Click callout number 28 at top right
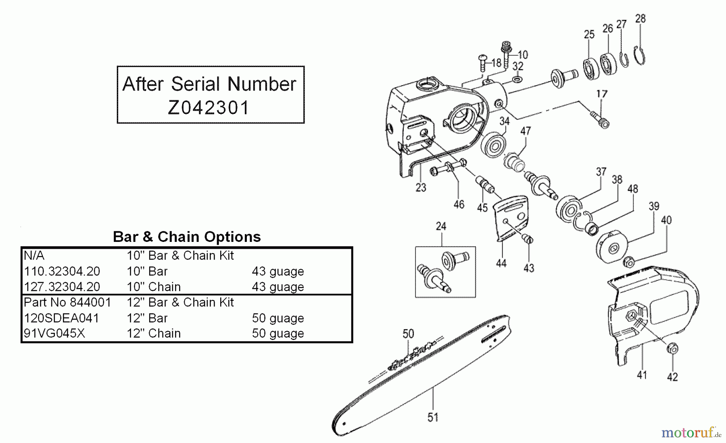640,19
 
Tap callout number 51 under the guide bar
433,417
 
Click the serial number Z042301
209,107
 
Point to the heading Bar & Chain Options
187,237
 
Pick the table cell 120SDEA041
61,318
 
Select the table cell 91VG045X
54,334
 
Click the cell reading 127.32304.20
62,287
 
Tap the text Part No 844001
67,302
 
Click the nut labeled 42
672,348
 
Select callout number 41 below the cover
642,375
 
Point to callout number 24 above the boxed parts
441,226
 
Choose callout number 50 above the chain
408,334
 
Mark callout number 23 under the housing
421,188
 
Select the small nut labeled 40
629,262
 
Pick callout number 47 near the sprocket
525,131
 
